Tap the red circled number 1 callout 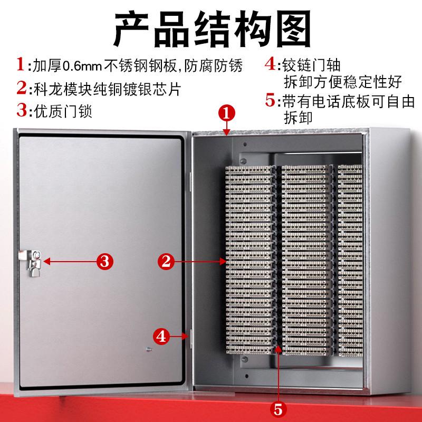[x=226, y=113]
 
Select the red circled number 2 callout [x=167, y=260]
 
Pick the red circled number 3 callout [x=104, y=260]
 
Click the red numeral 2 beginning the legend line [x=22, y=88]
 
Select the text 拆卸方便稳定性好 [x=343, y=82]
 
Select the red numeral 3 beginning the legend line [x=22, y=111]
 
